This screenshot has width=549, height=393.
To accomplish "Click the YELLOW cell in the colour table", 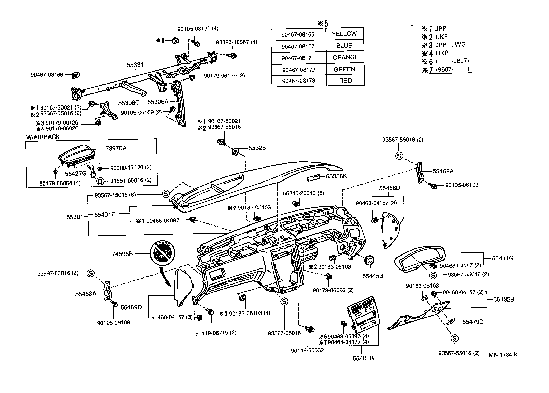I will point(344,34).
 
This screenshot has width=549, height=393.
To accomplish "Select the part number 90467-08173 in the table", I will point(298,81).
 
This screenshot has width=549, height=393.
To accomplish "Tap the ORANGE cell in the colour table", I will point(345,57).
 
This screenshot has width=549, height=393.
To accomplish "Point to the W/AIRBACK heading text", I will point(43,137).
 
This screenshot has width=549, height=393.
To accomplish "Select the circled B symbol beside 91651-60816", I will point(100,181).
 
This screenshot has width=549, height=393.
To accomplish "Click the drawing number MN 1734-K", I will point(503,355).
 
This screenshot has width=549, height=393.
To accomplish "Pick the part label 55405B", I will point(363,358).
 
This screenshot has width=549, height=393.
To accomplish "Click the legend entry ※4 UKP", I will point(435,53).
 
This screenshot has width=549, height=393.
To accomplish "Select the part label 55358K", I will point(336,176).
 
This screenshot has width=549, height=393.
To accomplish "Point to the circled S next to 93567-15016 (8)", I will point(165,194).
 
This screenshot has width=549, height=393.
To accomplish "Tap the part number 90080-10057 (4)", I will point(237,42).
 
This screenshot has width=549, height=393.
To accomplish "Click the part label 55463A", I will point(86,293).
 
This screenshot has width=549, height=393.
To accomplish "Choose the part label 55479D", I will point(473,322).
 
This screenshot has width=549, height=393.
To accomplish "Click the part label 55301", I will point(74,217).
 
